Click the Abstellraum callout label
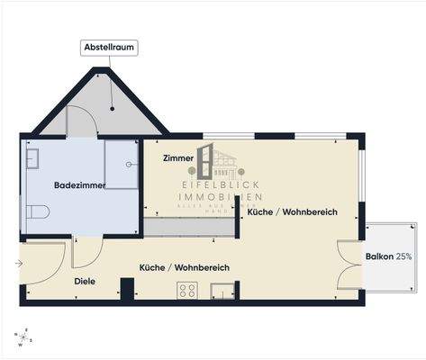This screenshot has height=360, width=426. (x=109, y=49)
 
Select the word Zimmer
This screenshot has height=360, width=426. (x=177, y=157)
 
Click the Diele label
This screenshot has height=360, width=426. (x=85, y=282)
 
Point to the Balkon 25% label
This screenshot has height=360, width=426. (x=389, y=256)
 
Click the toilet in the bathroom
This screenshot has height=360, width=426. (x=37, y=211)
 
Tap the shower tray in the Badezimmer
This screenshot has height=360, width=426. (x=121, y=165)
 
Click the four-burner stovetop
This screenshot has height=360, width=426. (x=187, y=290)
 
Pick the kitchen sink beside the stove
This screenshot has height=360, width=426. (x=220, y=290)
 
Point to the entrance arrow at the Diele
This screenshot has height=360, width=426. (x=18, y=264)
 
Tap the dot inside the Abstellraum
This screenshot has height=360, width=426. (x=113, y=109)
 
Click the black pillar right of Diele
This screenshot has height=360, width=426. (x=128, y=290)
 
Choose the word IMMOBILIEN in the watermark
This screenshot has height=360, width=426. (x=221, y=196)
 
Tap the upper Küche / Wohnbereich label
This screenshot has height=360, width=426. (x=292, y=211)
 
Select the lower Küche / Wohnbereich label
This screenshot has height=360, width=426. (x=184, y=267)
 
